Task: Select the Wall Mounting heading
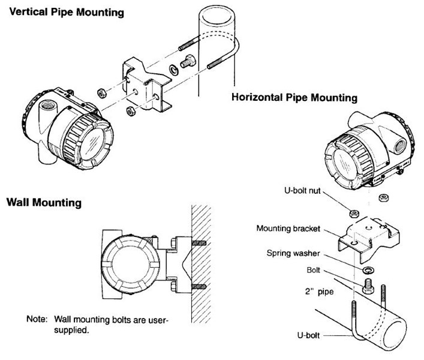click(x=43, y=203)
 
